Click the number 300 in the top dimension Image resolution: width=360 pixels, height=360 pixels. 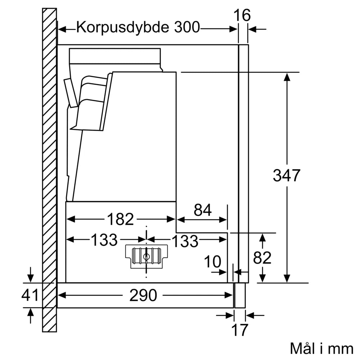187,27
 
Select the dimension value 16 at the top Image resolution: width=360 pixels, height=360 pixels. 242,15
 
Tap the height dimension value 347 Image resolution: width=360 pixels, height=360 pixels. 287,175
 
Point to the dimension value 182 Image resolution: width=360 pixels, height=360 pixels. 120,219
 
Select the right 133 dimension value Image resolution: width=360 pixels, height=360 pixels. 184,241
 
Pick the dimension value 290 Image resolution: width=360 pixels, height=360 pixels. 144,296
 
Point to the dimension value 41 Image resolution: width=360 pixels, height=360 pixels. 30,296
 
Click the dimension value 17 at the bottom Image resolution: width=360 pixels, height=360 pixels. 240,330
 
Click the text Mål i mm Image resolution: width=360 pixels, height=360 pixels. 321,348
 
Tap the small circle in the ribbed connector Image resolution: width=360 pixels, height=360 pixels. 147,257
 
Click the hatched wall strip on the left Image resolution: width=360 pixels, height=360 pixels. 50,169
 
